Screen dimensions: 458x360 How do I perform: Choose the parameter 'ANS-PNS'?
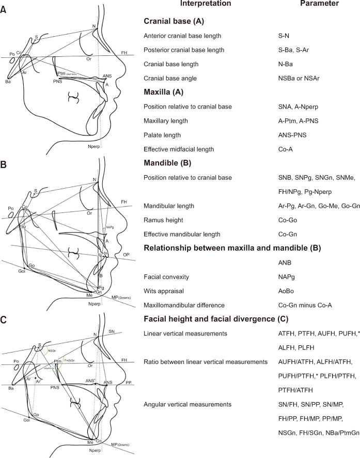[x=290, y=135]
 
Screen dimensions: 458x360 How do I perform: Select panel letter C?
[x=4, y=319]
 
